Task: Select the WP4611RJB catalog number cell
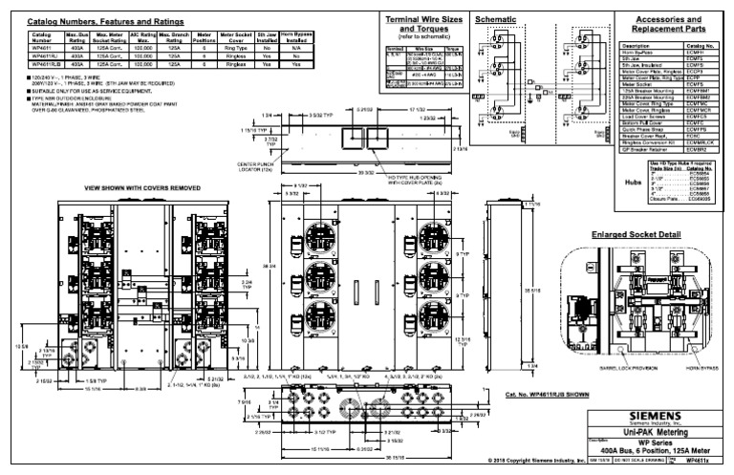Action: (x=43, y=64)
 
